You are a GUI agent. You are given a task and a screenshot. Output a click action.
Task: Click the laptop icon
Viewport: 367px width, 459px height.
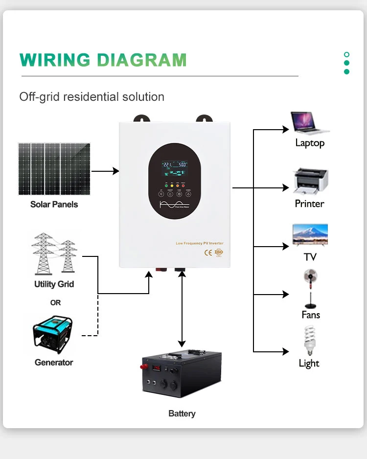click(x=310, y=123)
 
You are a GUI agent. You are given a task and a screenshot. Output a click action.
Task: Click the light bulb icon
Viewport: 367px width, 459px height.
click(x=309, y=341)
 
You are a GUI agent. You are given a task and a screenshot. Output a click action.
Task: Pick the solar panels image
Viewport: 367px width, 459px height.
click(x=54, y=169)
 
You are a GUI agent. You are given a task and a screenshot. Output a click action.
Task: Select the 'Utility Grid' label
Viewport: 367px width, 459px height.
click(x=54, y=284)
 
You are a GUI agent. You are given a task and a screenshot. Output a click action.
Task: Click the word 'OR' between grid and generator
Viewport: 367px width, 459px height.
click(x=55, y=303)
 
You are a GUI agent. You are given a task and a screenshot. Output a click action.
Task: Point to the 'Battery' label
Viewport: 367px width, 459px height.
click(x=182, y=413)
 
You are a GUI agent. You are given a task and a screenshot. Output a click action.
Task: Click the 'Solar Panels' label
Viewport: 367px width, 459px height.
click(x=54, y=205)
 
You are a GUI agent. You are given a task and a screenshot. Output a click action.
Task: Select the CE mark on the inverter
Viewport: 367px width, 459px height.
click(x=206, y=252)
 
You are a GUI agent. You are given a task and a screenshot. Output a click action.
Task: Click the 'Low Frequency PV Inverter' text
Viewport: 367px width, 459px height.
click(x=200, y=243)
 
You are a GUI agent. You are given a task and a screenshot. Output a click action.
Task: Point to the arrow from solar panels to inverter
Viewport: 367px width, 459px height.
click(x=105, y=171)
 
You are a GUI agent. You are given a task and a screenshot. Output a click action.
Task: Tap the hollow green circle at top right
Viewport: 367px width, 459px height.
click(x=346, y=54)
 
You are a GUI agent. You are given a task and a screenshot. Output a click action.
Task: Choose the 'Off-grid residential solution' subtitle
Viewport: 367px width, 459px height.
click(x=92, y=97)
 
